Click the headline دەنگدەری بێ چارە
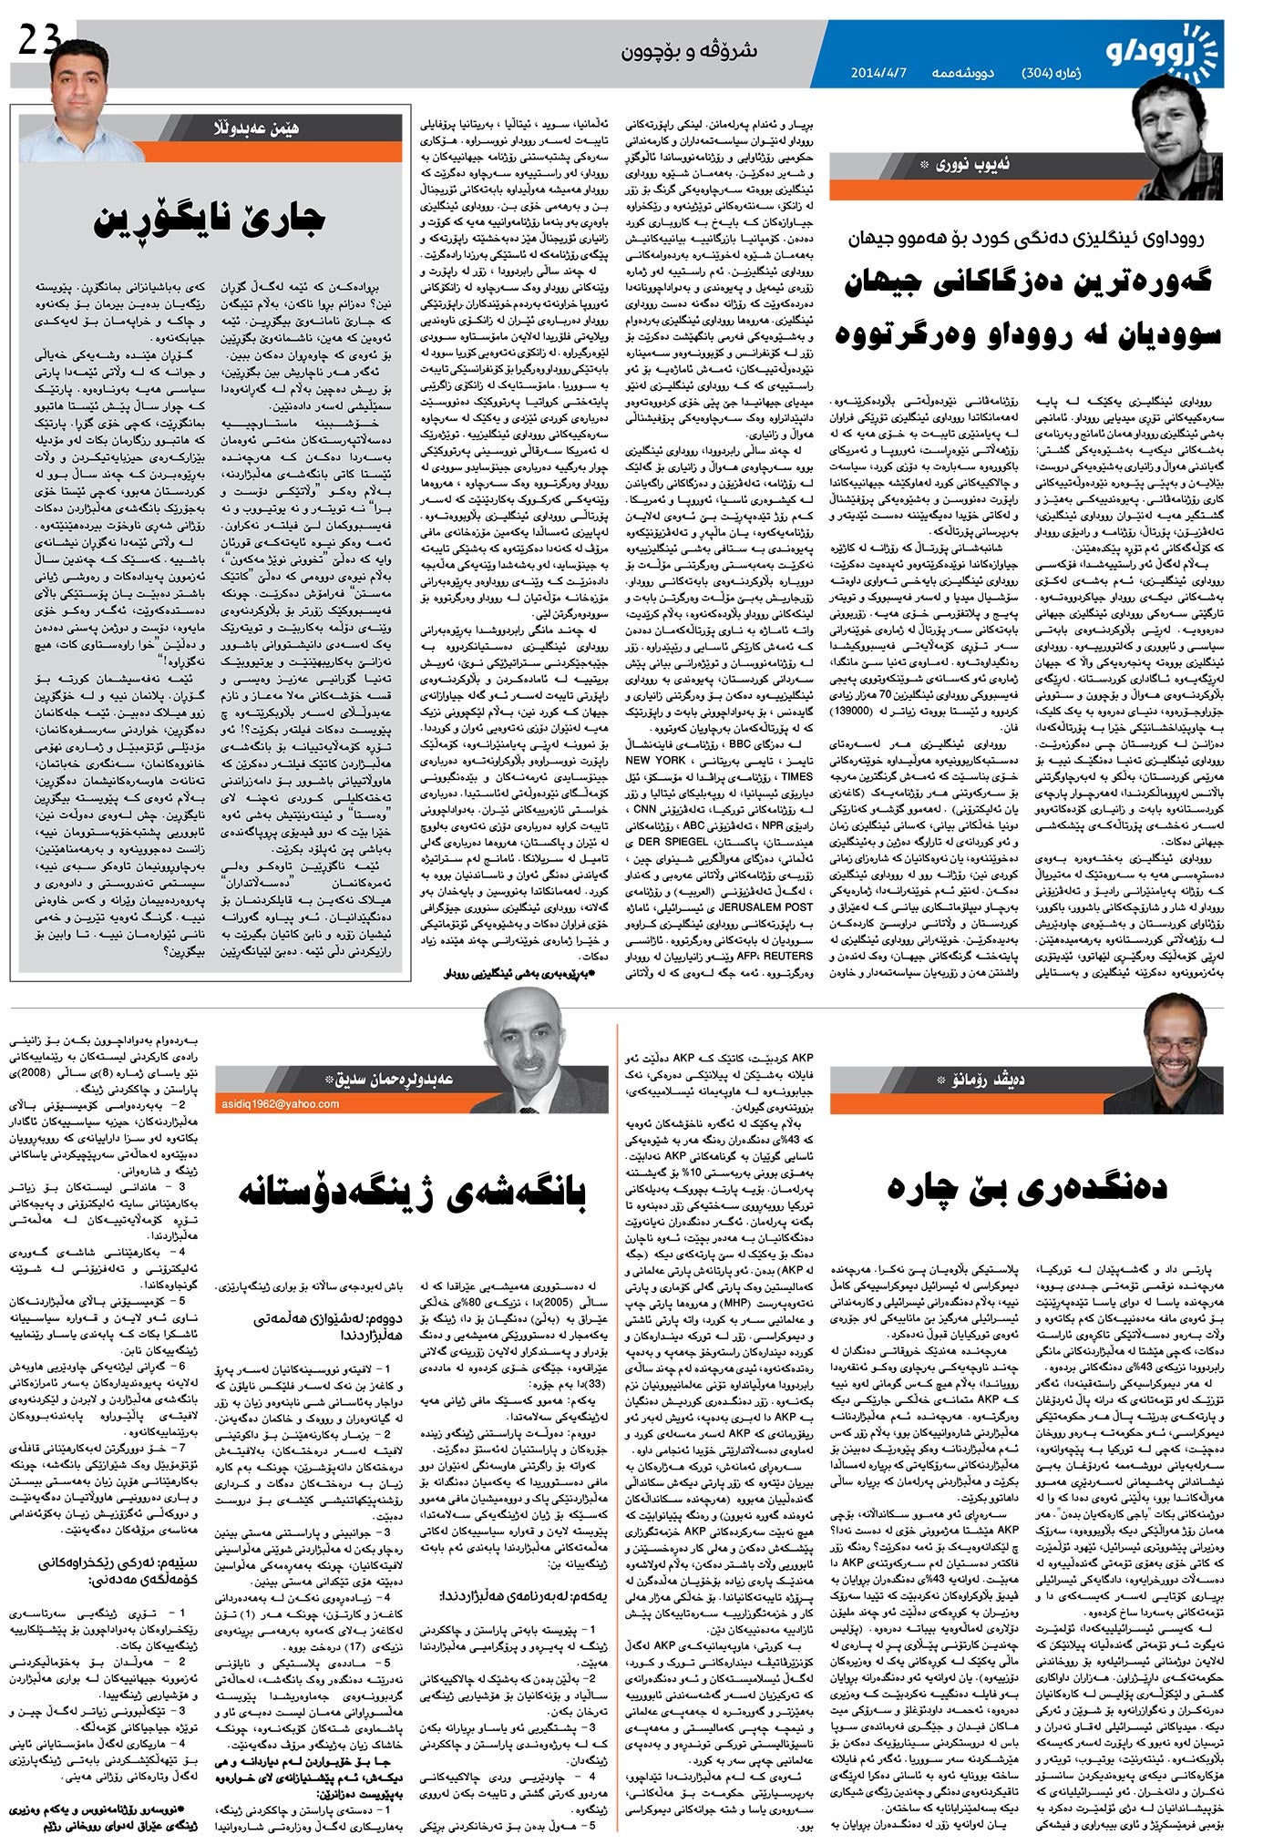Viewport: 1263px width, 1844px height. click(1024, 1185)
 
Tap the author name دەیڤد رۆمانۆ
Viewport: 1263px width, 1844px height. click(992, 1081)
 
